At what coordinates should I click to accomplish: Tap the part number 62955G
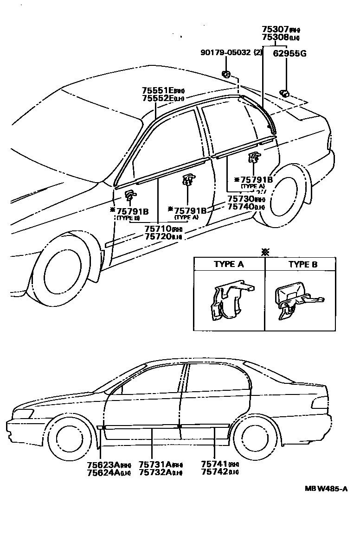click(x=289, y=53)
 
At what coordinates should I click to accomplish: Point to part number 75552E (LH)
click(x=158, y=98)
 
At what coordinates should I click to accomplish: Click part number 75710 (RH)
click(x=158, y=229)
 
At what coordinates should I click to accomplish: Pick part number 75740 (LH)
click(x=240, y=207)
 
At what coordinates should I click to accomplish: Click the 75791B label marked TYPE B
click(x=132, y=211)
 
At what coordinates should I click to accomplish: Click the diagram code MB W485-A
click(x=326, y=489)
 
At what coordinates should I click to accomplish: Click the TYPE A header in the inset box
click(x=229, y=264)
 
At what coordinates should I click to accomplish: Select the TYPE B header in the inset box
click(x=303, y=264)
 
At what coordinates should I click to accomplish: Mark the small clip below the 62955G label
click(x=285, y=93)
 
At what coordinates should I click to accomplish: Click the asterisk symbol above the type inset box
click(x=265, y=252)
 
